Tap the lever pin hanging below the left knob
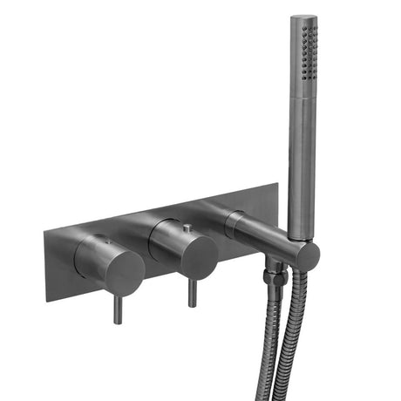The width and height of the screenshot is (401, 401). [x=118, y=309]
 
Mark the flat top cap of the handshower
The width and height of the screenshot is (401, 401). [x=303, y=17]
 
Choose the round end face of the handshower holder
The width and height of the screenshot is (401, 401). [x=306, y=255]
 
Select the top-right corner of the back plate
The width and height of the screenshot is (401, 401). [x=278, y=184]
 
